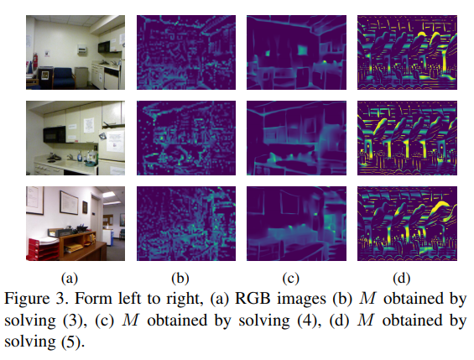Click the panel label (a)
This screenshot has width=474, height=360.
pyautogui.click(x=70, y=278)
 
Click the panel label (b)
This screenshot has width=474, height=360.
pyautogui.click(x=180, y=278)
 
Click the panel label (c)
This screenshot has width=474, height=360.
pyautogui.click(x=291, y=278)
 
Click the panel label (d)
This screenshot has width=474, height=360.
pyautogui.click(x=402, y=278)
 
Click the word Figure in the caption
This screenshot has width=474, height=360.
pyautogui.click(x=27, y=300)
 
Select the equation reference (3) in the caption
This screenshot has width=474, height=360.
pyautogui.click(x=72, y=321)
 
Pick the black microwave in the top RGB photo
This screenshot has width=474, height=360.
pyautogui.click(x=104, y=47)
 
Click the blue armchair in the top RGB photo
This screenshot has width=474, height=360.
pyautogui.click(x=64, y=77)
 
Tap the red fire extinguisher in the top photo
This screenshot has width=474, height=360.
pyautogui.click(x=35, y=61)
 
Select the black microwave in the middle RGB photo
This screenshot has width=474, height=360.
pyautogui.click(x=55, y=134)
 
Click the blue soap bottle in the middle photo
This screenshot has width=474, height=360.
pyautogui.click(x=80, y=156)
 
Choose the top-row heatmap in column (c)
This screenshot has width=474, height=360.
pyautogui.click(x=296, y=52)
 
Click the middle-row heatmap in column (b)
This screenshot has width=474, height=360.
pyautogui.click(x=186, y=138)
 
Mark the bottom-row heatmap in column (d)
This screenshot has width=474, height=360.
pyautogui.click(x=407, y=224)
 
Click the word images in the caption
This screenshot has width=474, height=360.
pyautogui.click(x=302, y=300)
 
